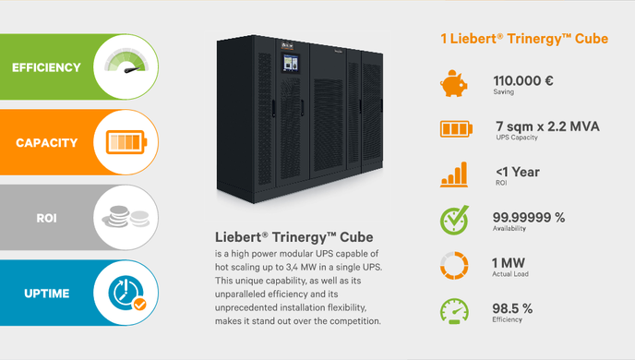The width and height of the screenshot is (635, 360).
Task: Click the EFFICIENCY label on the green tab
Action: [46, 67]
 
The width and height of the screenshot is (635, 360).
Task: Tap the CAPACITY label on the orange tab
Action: [46, 143]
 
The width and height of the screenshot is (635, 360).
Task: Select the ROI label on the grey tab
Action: [46, 219]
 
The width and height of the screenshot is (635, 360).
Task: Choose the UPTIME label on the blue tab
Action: [46, 294]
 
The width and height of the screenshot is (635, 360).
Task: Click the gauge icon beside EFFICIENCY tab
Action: [124, 66]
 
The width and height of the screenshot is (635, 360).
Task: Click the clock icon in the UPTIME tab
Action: [126, 293]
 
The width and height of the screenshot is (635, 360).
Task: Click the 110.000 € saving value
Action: [523, 80]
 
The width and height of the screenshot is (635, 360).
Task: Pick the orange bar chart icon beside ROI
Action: [453, 174]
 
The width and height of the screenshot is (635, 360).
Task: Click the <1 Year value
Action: [517, 172]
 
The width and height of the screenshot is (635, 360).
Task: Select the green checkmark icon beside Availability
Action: [452, 221]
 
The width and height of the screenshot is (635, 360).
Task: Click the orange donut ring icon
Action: [452, 266]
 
